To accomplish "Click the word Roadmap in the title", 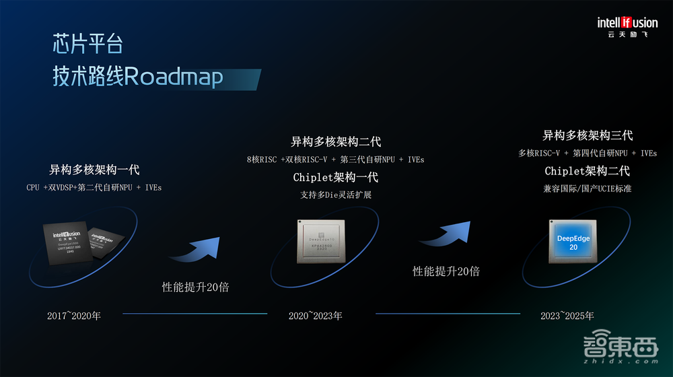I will point(173,77).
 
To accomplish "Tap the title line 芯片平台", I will point(88,44).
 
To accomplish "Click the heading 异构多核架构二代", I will point(336,141).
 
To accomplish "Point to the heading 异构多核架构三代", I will point(588,135).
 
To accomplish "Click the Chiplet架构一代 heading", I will point(336,177).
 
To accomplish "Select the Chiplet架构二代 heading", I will point(588,171).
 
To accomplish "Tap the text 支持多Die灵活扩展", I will point(336,195).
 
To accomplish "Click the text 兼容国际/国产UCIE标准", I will point(588,188).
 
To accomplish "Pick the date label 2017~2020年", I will point(74,315).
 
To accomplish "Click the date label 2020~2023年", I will point(316,315).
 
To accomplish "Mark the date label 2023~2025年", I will point(567,315).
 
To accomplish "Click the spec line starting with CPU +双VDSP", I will point(94,187).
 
